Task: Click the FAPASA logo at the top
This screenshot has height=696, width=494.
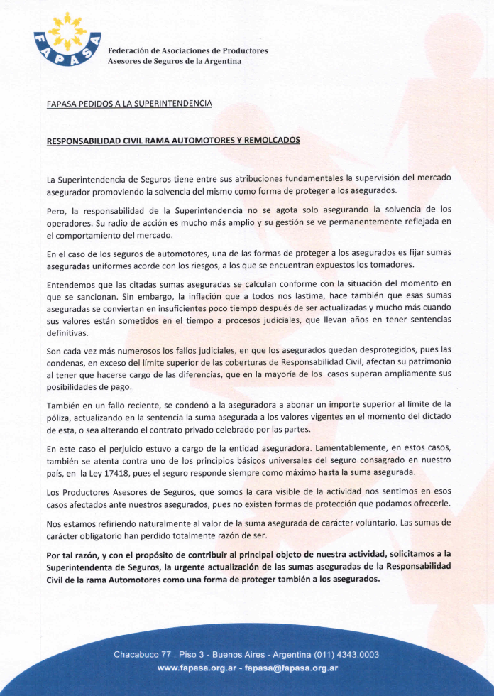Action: click(x=67, y=40)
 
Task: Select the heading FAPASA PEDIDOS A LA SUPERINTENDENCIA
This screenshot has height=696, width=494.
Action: click(x=129, y=104)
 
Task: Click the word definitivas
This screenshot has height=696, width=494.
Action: click(x=67, y=332)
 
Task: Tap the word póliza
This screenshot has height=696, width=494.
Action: click(x=62, y=417)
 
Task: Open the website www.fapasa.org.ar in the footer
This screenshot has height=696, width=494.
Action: click(x=199, y=668)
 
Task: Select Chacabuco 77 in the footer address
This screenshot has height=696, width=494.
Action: click(x=144, y=654)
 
